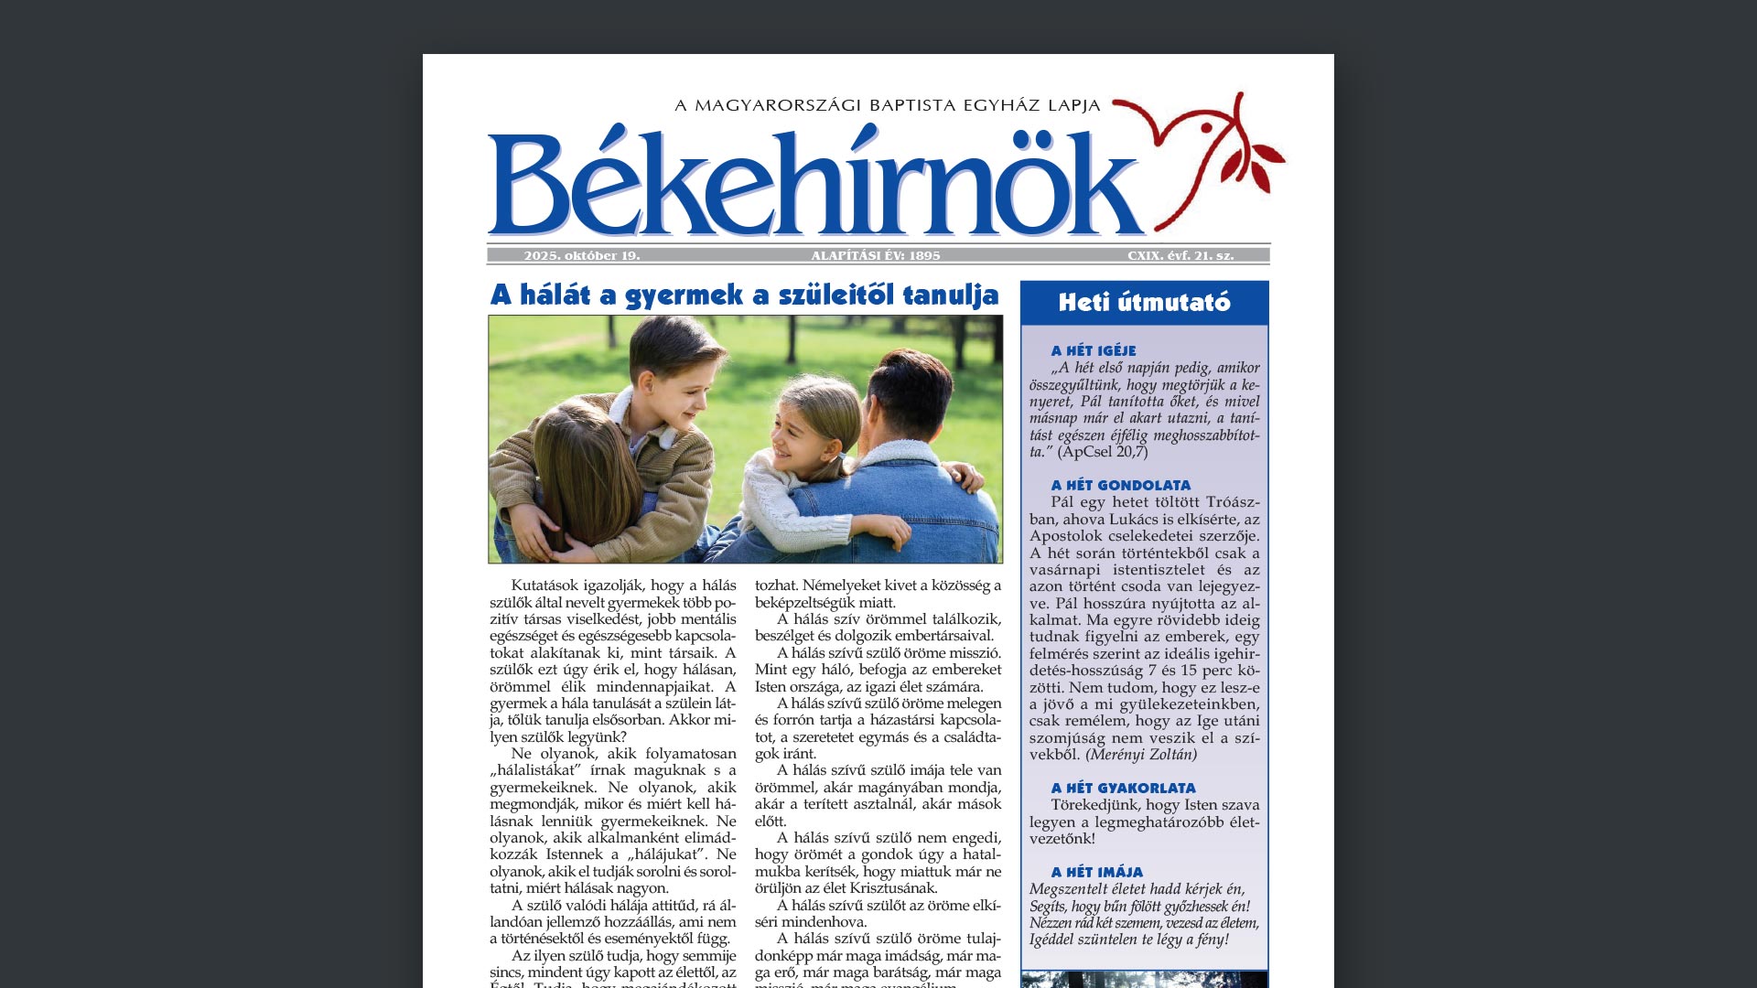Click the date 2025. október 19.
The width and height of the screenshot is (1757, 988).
point(582,256)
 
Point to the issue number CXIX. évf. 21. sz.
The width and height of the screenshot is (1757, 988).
point(1180,256)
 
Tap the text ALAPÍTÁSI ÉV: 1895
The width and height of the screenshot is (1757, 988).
point(876,256)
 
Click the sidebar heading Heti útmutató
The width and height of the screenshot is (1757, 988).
point(1144,303)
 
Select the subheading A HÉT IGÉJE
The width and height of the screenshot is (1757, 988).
point(1094,350)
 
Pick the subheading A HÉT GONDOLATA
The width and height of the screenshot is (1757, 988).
point(1121,485)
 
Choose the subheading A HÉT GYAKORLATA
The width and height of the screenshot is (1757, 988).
point(1123,788)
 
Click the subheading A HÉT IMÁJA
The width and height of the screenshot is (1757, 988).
point(1097,872)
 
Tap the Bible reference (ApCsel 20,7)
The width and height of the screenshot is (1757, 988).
point(1103,452)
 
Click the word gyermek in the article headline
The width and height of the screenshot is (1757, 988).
point(684,295)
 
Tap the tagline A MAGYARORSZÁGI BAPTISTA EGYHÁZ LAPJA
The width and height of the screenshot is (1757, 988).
point(887,105)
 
